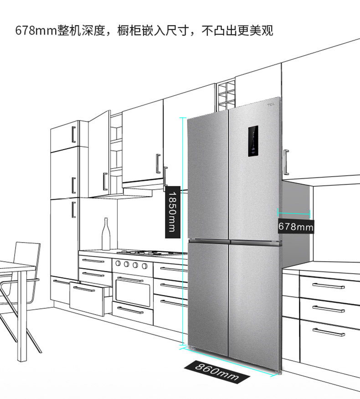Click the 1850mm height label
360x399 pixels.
click(173, 212)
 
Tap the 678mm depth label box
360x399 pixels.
click(296, 226)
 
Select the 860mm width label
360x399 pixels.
click(217, 372)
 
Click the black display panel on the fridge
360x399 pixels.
click(253, 141)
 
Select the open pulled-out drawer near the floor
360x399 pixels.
click(90, 298)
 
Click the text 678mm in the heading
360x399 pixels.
click(36, 31)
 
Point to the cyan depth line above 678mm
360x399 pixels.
click(294, 213)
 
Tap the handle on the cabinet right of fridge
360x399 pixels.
click(286, 162)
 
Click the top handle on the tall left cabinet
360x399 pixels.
click(74, 135)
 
